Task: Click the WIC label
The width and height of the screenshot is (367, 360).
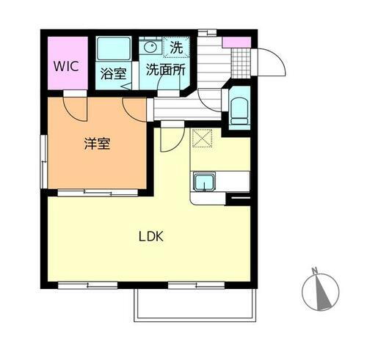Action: [65, 64]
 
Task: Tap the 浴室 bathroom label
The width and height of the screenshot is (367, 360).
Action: [113, 73]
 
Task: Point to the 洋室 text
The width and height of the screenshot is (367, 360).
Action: [97, 143]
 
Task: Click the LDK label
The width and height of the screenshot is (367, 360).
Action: [151, 237]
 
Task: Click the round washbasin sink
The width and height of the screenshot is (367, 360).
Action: [152, 48]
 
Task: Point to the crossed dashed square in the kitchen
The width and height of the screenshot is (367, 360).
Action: [201, 138]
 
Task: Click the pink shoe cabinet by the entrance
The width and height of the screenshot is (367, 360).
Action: [237, 41]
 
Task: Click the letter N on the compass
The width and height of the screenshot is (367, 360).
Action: [314, 271]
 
